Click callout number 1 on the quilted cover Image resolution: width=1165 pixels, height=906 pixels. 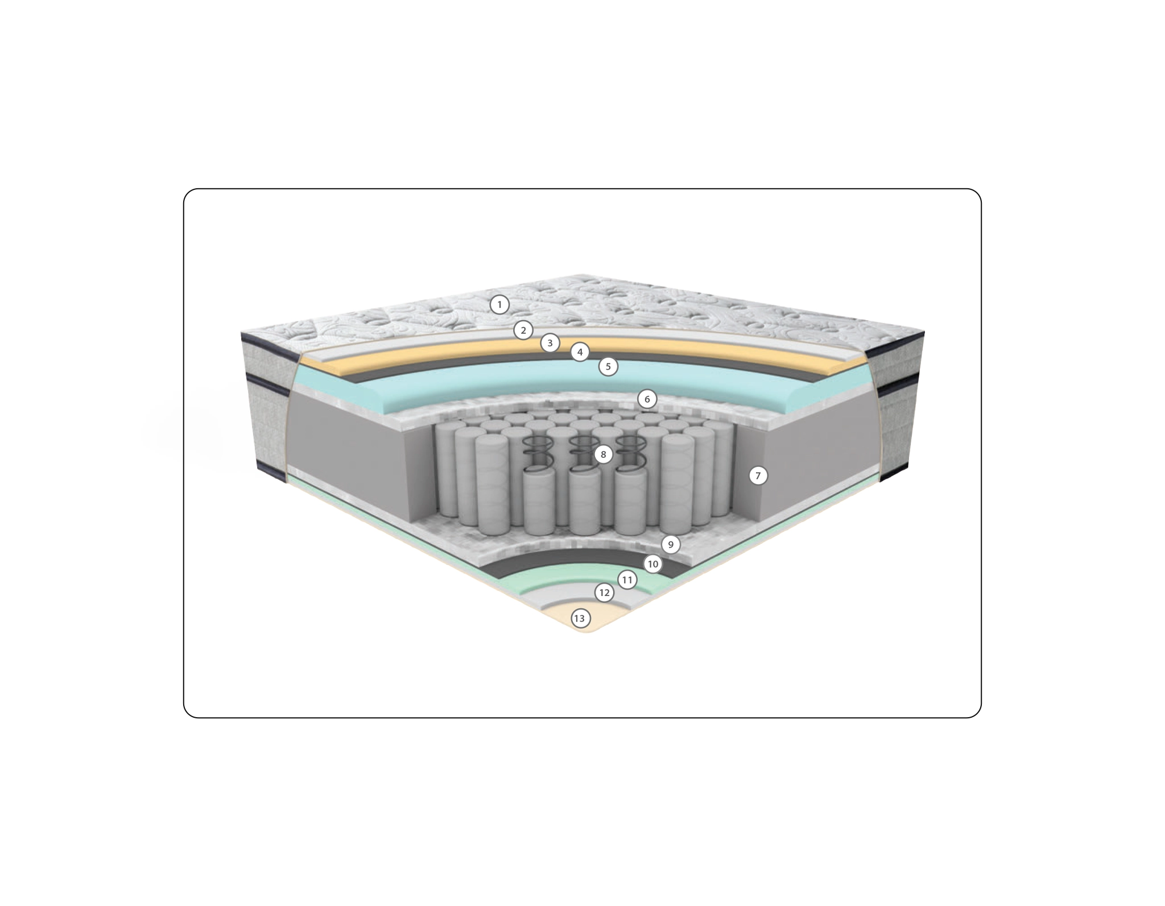(499, 305)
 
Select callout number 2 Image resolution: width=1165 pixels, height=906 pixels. (523, 330)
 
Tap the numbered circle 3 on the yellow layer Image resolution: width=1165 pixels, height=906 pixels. (550, 343)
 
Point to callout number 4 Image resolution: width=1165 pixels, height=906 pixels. (580, 353)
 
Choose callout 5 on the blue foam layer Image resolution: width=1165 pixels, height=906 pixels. (608, 367)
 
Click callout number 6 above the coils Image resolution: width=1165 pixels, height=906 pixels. (647, 399)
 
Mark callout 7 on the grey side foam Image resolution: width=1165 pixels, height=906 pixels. (758, 475)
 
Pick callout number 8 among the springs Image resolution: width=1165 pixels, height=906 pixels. (604, 454)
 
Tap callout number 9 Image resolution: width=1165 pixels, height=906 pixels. (671, 545)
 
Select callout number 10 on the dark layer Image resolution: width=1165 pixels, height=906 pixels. (653, 564)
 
